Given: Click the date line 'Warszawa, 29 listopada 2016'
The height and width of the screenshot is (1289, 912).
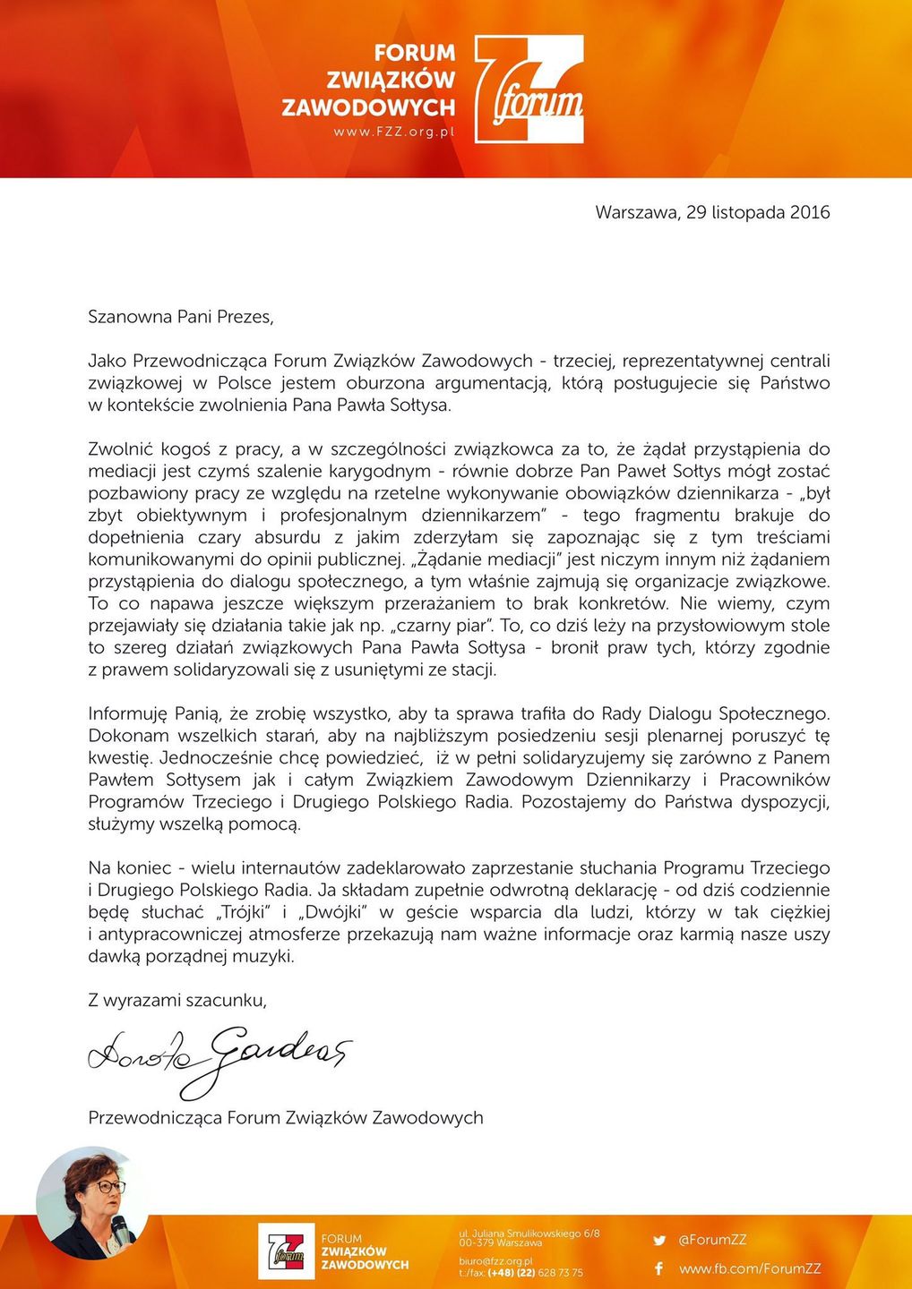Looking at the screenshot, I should click(712, 213).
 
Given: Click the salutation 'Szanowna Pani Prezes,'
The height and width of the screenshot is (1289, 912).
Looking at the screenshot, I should click(180, 317).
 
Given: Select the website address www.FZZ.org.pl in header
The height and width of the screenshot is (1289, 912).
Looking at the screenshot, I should click(394, 132).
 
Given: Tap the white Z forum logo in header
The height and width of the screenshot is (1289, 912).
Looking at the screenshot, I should click(529, 90).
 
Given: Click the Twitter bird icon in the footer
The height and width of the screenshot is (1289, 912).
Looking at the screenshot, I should click(659, 1241).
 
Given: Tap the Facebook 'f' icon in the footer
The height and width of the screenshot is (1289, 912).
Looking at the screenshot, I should click(658, 1268).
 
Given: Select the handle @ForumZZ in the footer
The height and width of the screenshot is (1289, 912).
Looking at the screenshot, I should click(712, 1241).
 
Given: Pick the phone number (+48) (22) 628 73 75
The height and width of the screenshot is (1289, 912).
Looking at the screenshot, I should click(535, 1273).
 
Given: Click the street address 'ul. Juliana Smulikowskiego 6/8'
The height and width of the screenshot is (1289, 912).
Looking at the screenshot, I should click(529, 1234).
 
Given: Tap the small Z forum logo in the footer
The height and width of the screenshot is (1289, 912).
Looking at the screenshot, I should click(287, 1251).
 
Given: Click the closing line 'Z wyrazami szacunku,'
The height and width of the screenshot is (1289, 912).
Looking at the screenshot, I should click(177, 1001).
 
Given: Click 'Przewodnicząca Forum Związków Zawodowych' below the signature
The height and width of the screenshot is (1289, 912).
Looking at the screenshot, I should click(286, 1118).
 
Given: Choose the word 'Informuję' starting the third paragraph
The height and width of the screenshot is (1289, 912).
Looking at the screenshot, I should click(127, 714).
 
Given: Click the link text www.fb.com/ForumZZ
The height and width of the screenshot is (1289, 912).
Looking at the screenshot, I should click(750, 1268).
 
